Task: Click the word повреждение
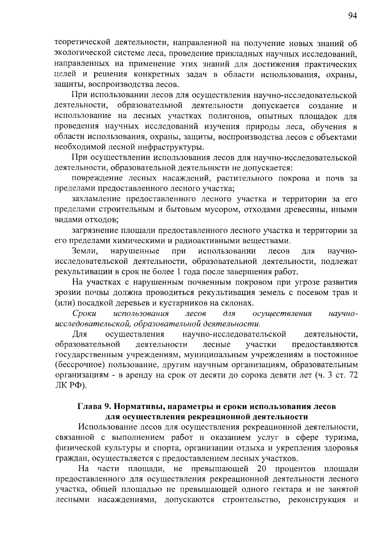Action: tap(97, 179)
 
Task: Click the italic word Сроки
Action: tap(84, 314)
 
